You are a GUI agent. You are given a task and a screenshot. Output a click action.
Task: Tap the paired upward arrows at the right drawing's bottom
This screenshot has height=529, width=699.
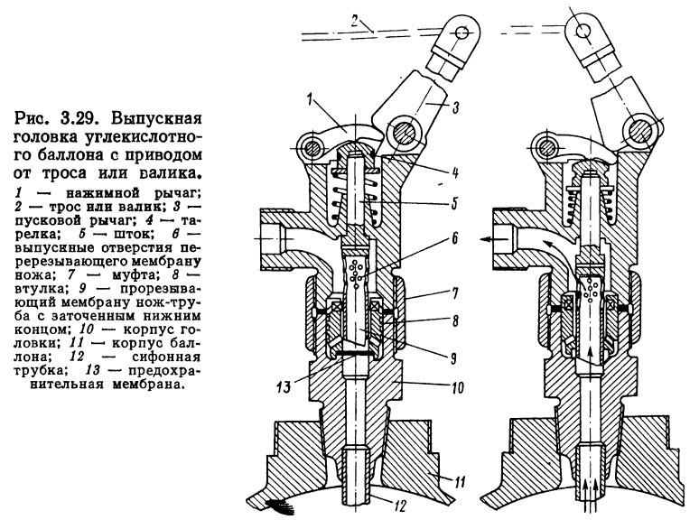click(592, 512)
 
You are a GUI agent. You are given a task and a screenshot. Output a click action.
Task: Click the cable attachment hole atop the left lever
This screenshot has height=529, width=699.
click(460, 32)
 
